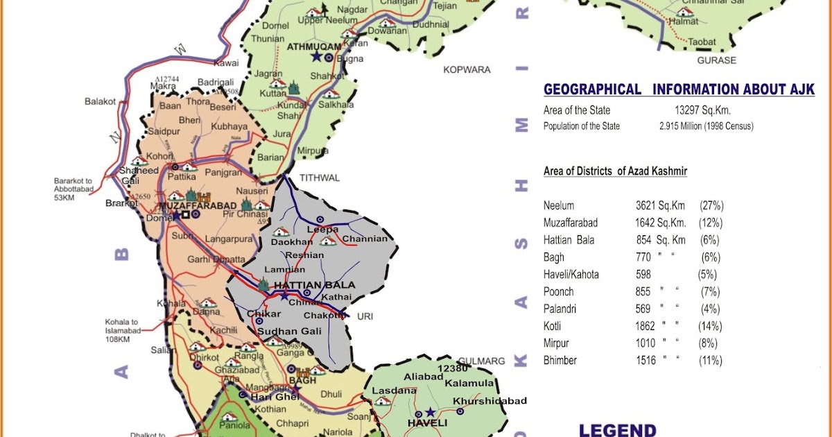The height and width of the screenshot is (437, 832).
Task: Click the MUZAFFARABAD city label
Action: pos(198,206)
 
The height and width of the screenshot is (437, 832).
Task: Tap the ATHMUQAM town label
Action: pos(315,46)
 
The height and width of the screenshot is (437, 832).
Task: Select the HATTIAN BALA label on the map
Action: pos(314,285)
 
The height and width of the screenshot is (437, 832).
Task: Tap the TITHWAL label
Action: pos(320,178)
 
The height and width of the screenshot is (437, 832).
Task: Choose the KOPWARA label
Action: pos(467,70)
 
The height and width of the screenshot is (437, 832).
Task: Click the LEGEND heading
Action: pos(617,429)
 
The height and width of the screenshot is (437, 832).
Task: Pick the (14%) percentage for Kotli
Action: pos(711,326)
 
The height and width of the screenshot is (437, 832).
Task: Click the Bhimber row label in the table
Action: pos(560,361)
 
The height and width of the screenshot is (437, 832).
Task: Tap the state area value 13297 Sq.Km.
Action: pos(702,110)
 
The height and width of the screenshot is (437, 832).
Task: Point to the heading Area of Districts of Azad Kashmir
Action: pos(615,171)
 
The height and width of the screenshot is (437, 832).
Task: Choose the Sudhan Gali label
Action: pos(289,331)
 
